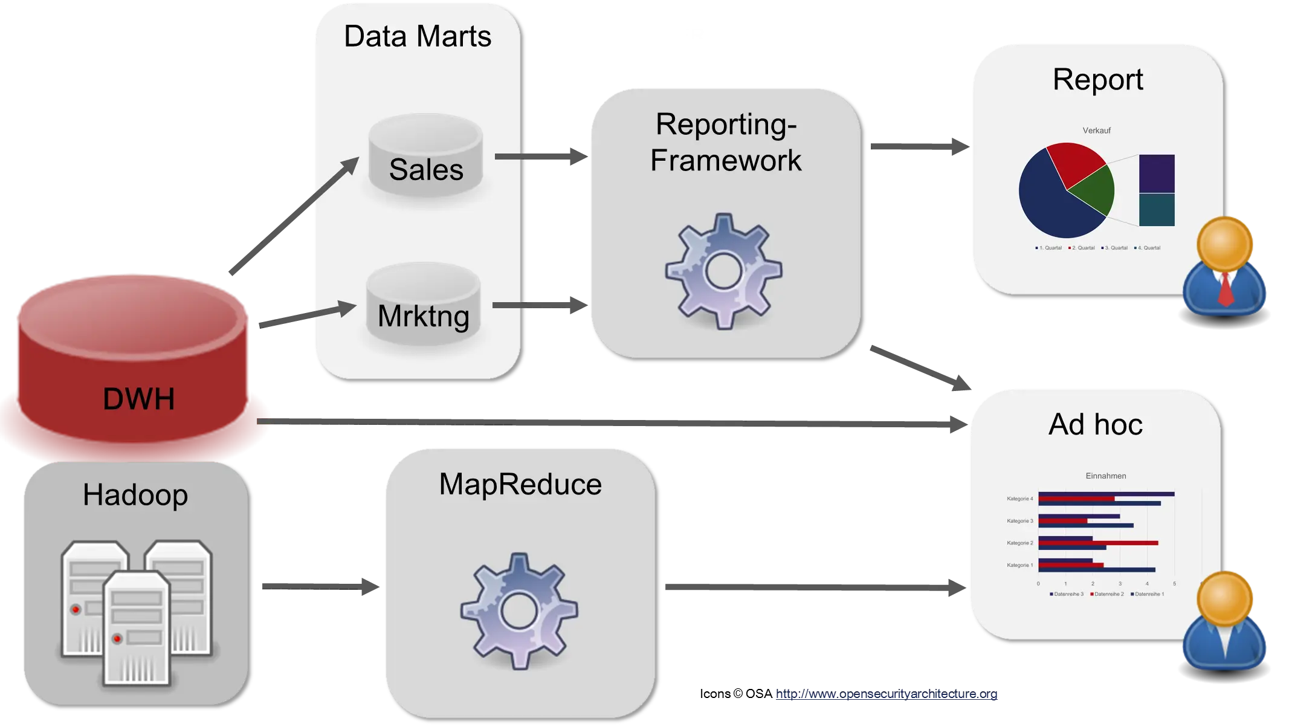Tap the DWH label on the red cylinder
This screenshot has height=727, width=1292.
(x=138, y=399)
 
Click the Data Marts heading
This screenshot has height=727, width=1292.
(x=417, y=36)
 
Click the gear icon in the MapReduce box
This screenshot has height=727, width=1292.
(x=518, y=610)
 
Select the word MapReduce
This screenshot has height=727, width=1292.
(x=520, y=484)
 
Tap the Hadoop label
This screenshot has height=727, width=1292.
(x=135, y=495)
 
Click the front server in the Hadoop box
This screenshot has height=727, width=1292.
(x=136, y=628)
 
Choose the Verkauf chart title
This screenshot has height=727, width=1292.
(x=1096, y=131)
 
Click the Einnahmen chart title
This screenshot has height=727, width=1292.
(x=1105, y=476)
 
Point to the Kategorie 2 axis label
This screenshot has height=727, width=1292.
(x=1019, y=543)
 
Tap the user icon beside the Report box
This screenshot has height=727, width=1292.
(x=1225, y=266)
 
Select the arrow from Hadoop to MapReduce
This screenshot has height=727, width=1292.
(x=320, y=586)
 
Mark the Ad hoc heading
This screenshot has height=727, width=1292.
(x=1095, y=424)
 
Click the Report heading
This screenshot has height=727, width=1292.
(x=1097, y=79)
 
